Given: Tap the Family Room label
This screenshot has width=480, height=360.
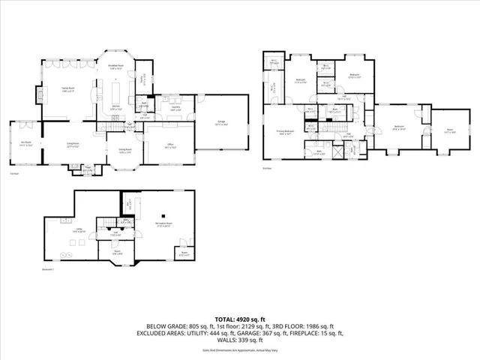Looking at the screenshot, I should pos(66,89).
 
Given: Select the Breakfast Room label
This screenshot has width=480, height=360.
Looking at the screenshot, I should pos(116,67).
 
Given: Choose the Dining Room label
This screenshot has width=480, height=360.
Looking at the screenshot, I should pos(122,151).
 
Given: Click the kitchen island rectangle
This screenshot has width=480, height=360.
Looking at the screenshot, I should pos(116,92).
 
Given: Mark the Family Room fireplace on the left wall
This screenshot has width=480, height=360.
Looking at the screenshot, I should pos(39,95).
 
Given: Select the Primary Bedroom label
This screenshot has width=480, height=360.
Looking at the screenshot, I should pos(286,133).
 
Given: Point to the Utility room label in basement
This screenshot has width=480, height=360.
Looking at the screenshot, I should pos(77,232).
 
